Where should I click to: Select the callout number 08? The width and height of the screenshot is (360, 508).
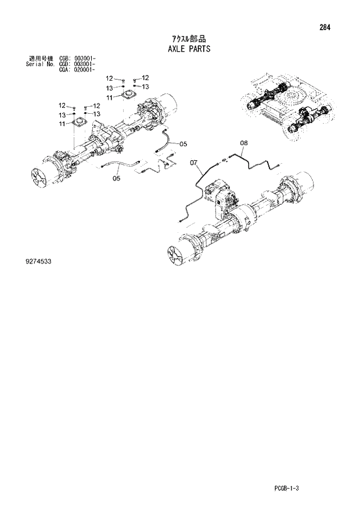[x=244, y=142]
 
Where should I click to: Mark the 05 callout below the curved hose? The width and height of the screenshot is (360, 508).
[x=116, y=178]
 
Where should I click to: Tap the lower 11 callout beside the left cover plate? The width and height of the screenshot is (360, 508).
[x=62, y=124]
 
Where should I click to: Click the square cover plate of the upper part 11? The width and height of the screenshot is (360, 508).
[x=126, y=95]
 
